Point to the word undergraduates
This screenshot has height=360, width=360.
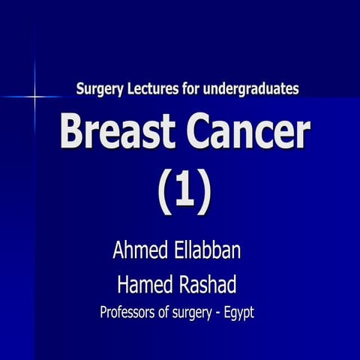coord(253,89)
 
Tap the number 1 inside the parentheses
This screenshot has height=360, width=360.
coord(184,190)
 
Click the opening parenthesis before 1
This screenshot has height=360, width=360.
coord(165,190)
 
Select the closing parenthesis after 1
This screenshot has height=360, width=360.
coord(204,190)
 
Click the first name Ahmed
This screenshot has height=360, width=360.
coord(139,250)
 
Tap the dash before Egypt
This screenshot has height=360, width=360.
coord(222,313)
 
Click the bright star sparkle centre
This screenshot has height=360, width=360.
coord(35,97)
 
